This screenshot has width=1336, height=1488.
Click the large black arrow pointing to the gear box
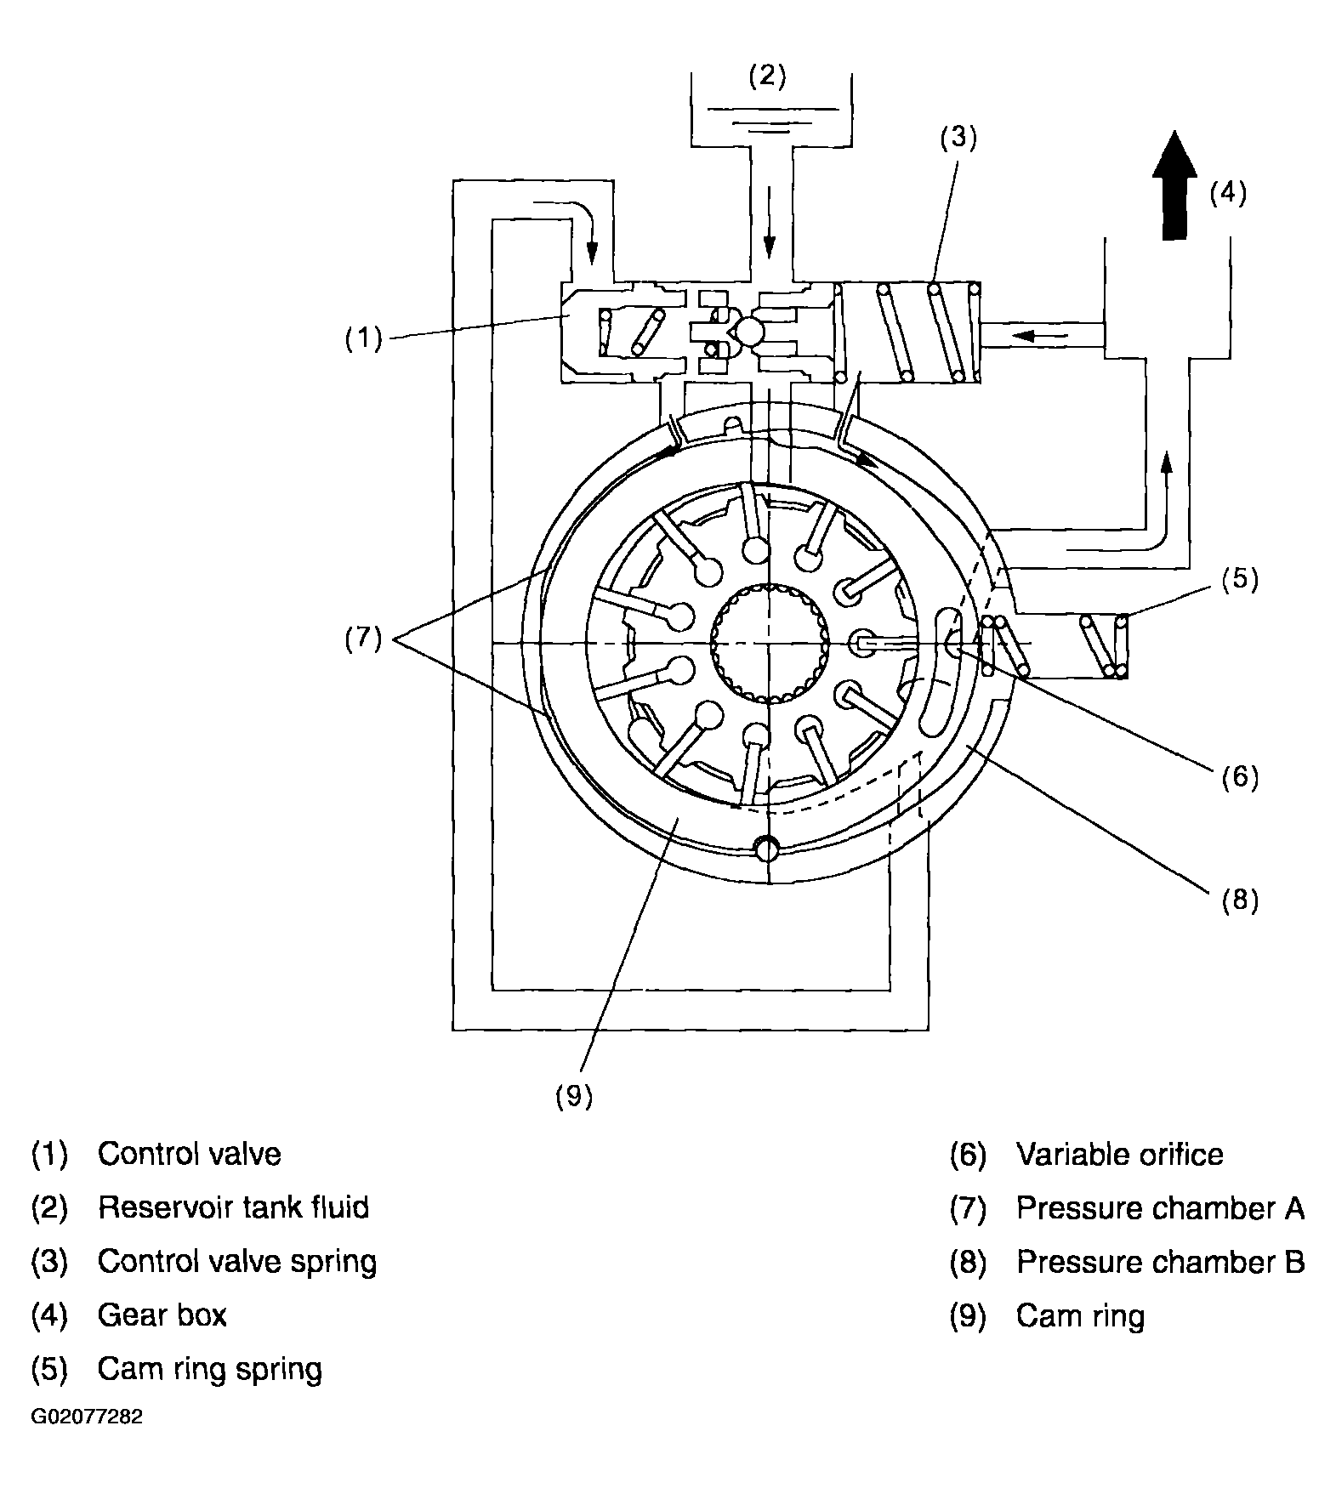[x=1174, y=185]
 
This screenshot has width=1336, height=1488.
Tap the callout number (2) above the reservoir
[x=768, y=76]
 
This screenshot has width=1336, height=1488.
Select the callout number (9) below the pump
[x=574, y=1097]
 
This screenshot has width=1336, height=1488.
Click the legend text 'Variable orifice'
[x=1120, y=1154]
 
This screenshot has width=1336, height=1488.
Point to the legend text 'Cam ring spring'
[x=210, y=1369]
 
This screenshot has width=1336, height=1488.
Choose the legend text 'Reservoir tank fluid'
[x=234, y=1207]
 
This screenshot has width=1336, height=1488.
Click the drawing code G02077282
[x=87, y=1417]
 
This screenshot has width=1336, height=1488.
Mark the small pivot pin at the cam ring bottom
[x=768, y=849]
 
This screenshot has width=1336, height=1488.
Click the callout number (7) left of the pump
[x=363, y=638]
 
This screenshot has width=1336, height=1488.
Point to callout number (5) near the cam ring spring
[x=1239, y=579]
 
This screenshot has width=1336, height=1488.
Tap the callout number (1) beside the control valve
[x=364, y=338]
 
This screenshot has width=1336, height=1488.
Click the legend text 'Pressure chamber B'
[x=1161, y=1262]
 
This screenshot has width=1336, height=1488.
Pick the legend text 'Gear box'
[x=162, y=1315]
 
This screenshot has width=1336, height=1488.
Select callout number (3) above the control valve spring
[x=958, y=137]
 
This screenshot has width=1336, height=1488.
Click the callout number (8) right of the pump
[x=1239, y=899]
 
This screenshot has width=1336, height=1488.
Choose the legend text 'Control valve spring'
[x=237, y=1262]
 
